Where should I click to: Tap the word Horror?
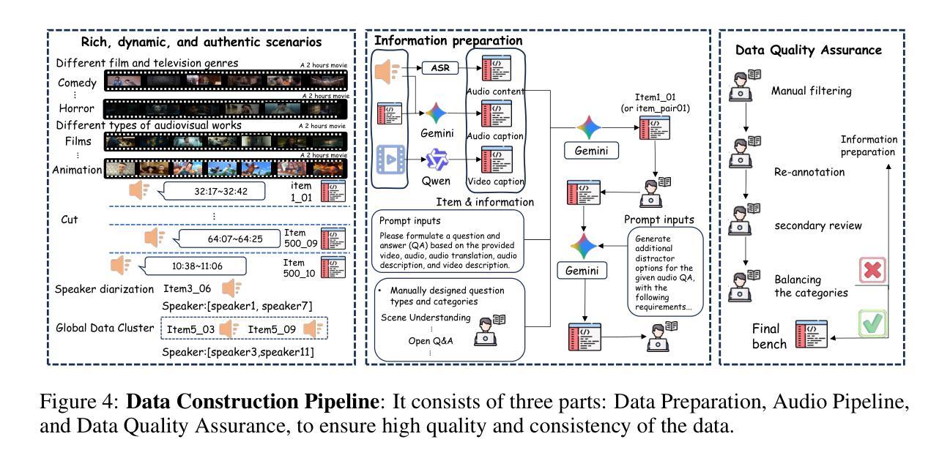pyautogui.click(x=76, y=108)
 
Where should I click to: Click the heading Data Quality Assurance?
pyautogui.click(x=809, y=50)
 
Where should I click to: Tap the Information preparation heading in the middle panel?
pyautogui.click(x=448, y=40)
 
